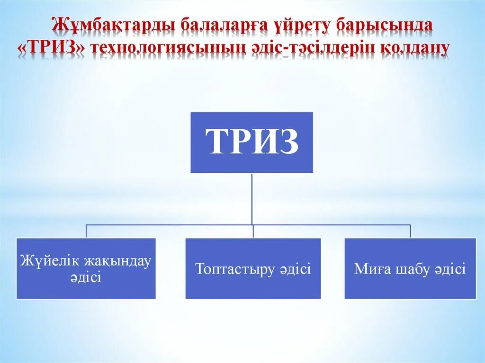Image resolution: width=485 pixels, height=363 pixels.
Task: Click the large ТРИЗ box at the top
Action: [x=251, y=142]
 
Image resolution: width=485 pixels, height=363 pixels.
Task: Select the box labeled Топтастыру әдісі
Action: [x=253, y=268]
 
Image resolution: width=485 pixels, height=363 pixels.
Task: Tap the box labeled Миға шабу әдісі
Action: [x=410, y=268]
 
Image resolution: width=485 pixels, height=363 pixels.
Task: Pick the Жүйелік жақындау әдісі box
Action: [x=86, y=268]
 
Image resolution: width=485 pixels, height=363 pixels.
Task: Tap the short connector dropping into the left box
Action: [x=86, y=231]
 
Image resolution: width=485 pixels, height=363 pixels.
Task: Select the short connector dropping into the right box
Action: [x=410, y=231]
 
